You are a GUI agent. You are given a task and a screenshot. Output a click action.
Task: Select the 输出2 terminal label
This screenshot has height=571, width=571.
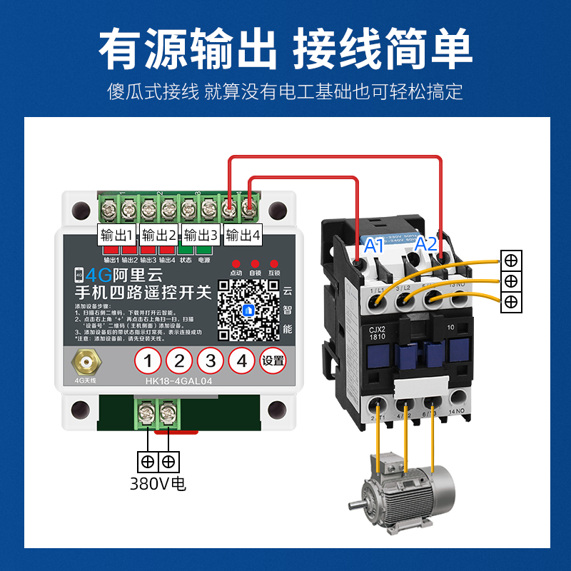click(x=158, y=235)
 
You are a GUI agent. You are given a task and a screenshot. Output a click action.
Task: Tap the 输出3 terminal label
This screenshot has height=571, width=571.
click(x=201, y=235)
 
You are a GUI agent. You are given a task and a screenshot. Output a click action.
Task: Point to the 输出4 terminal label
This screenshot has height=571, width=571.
click(x=242, y=235)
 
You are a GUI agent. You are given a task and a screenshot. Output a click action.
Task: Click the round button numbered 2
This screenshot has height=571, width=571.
click(x=179, y=361)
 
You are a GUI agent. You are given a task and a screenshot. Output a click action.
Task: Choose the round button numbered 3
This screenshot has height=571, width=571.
click(x=211, y=361)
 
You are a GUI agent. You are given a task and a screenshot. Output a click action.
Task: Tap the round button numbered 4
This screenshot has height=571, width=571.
click(x=242, y=361)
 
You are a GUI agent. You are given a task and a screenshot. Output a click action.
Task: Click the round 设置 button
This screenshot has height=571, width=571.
click(x=273, y=361)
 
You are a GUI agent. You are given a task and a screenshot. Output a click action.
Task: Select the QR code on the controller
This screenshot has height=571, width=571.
click(x=248, y=309)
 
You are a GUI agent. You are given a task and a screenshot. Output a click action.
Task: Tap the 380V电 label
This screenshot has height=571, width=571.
click(x=158, y=483)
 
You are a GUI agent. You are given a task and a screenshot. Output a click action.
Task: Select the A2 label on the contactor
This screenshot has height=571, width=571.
click(x=426, y=243)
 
